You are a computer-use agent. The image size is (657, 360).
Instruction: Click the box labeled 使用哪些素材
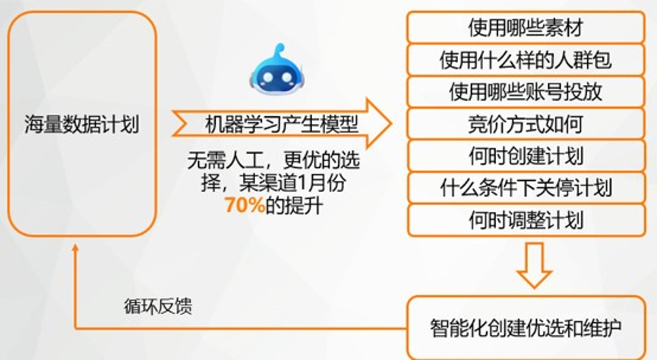tap(526, 27)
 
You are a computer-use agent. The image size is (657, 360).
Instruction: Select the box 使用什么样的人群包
tap(526, 59)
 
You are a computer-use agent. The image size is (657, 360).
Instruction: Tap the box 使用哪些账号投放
tap(526, 92)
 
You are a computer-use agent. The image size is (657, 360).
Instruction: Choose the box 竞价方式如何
tap(526, 124)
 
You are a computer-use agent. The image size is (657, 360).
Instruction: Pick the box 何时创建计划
tap(526, 156)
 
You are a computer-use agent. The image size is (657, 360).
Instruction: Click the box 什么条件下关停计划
tap(526, 188)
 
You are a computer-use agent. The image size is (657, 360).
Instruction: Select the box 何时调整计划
tap(526, 220)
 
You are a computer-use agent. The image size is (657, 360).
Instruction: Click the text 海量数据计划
tap(82, 125)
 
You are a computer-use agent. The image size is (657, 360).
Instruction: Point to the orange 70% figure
tap(245, 205)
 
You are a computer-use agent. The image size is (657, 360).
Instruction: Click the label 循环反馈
tap(158, 306)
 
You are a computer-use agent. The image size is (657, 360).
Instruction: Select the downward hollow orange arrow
tap(534, 265)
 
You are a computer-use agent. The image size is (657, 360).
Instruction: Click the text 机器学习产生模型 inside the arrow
tap(282, 125)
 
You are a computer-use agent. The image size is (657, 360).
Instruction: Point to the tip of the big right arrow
tap(391, 124)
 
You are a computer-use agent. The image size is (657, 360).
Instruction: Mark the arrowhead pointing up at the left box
tap(75, 248)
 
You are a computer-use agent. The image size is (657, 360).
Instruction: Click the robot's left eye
tap(267, 78)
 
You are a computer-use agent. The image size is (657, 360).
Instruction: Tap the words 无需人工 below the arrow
tap(226, 160)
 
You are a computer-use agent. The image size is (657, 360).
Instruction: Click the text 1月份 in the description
tap(321, 183)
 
